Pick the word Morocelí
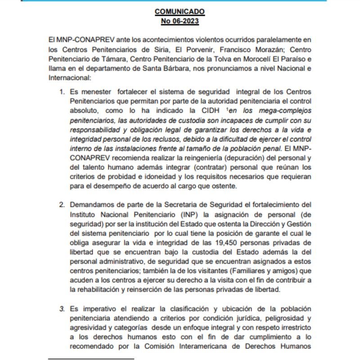[246, 59]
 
